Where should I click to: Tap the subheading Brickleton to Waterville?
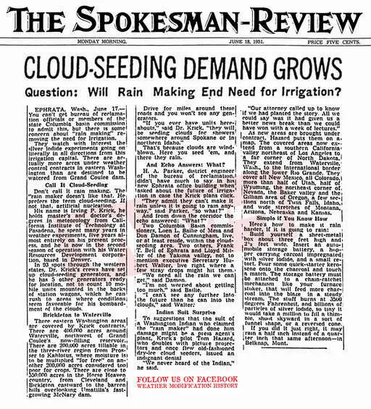59,295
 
